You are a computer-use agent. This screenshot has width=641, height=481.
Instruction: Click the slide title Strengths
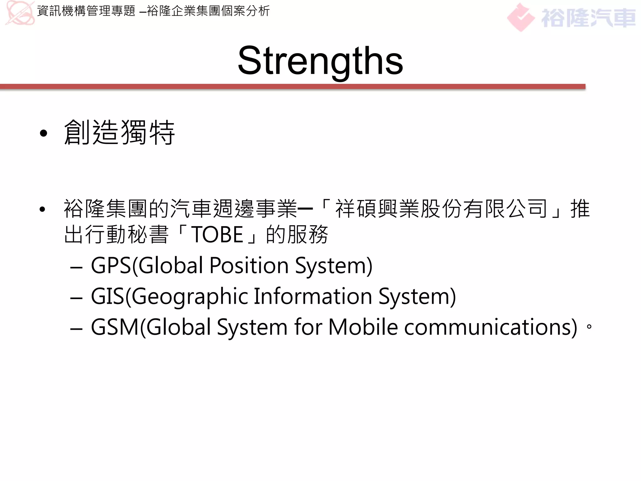(320, 61)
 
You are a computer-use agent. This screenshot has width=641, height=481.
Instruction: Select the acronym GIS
(107, 296)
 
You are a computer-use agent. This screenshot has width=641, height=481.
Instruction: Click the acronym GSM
(115, 327)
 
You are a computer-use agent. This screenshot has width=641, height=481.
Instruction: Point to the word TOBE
(217, 235)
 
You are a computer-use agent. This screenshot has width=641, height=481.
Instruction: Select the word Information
(313, 296)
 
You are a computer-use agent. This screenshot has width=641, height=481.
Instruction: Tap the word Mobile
(363, 327)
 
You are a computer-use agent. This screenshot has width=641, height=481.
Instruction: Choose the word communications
(491, 327)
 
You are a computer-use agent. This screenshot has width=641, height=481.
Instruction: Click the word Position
(249, 266)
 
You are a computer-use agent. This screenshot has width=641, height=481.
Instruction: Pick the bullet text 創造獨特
(119, 133)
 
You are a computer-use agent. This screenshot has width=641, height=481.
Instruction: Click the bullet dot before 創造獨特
(44, 133)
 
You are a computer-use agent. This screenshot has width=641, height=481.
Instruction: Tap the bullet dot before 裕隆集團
(43, 209)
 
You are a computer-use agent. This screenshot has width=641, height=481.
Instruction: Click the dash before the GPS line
(76, 268)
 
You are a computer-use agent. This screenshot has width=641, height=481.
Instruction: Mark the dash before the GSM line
(76, 329)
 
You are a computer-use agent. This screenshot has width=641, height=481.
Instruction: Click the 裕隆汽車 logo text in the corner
(588, 18)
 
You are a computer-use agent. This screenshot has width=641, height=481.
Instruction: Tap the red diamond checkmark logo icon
(520, 18)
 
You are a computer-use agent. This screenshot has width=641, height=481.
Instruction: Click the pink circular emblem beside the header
(19, 13)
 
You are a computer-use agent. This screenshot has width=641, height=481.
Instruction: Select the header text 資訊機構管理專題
(86, 11)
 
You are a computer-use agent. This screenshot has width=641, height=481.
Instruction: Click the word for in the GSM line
(308, 327)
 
